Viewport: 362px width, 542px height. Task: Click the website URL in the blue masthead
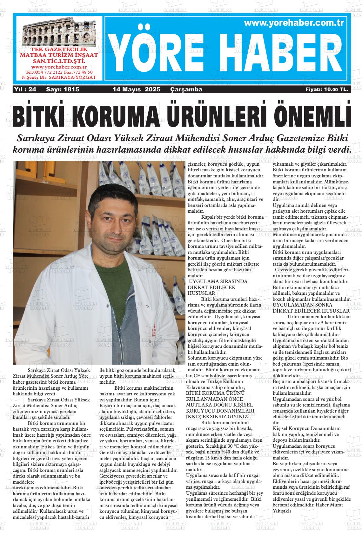point(294,23)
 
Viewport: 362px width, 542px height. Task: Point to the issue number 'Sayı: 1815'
point(63,90)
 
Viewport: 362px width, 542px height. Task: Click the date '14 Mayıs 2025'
point(137,90)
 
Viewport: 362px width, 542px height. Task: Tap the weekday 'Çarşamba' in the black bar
point(186,90)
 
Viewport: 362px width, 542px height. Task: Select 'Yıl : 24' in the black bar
point(25,90)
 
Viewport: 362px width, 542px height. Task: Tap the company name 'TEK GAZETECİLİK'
point(59,50)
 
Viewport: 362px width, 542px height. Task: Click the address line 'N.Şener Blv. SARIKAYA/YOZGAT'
point(59,77)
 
